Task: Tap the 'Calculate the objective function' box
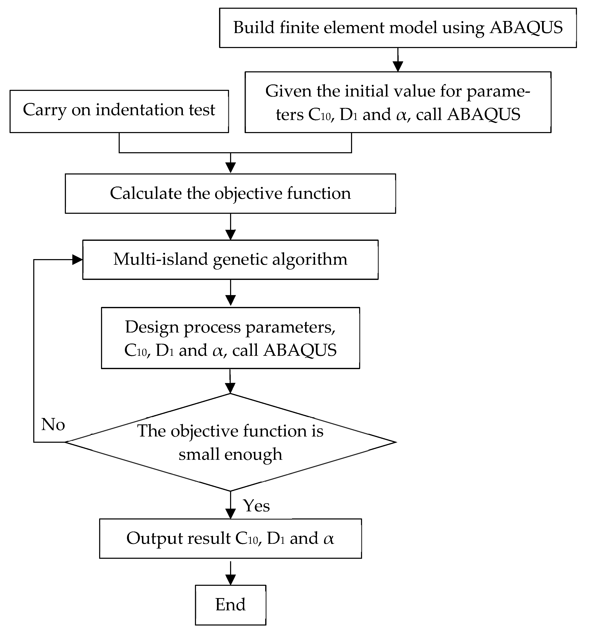pos(230,193)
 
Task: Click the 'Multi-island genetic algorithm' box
pos(230,260)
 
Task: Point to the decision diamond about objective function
pos(230,442)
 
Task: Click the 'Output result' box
pos(230,538)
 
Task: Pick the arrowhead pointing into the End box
pos(230,580)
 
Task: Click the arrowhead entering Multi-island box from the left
pos(77,260)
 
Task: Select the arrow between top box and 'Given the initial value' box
pos(398,61)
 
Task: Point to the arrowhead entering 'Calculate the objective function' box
pos(230,167)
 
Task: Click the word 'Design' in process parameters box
pos(152,327)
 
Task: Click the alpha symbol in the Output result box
pos(329,538)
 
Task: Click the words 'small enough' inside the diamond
pos(230,454)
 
